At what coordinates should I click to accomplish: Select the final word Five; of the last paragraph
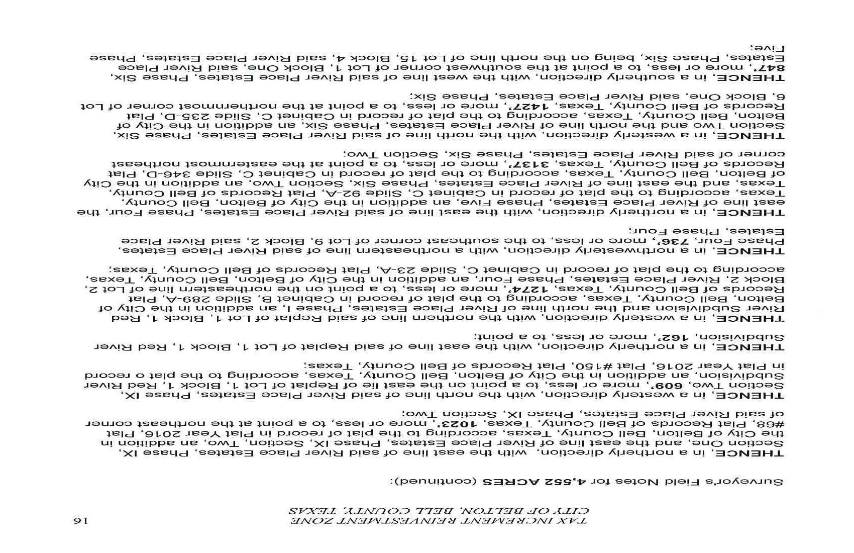[x=765, y=47]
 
